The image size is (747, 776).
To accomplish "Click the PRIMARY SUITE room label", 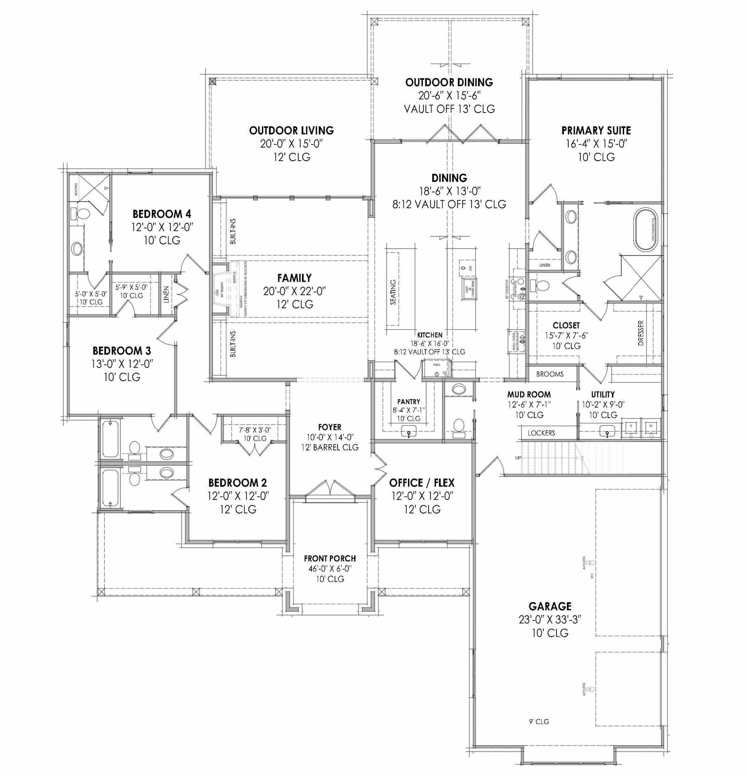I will [x=596, y=130].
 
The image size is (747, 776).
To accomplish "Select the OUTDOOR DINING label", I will [x=449, y=82].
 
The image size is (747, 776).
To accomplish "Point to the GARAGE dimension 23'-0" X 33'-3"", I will [x=550, y=619].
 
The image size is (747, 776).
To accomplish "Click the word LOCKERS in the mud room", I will [x=541, y=433].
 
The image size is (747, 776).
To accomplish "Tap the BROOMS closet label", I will [x=550, y=374].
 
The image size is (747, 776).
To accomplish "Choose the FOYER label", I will [x=330, y=427].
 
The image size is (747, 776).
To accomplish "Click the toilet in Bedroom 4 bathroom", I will [x=83, y=214].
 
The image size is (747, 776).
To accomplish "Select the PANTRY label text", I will [x=409, y=401].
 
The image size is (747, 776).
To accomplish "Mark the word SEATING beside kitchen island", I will [x=393, y=292].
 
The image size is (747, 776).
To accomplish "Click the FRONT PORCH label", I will [x=330, y=558].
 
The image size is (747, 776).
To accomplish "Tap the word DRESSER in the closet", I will [x=641, y=333].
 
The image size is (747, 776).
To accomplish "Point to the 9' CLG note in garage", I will [x=539, y=722].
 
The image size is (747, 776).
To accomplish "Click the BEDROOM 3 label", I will [x=121, y=350].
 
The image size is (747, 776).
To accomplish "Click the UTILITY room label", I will [x=603, y=394].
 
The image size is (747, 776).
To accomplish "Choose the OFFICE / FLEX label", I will [x=422, y=483].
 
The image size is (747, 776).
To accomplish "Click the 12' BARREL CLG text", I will [x=330, y=448].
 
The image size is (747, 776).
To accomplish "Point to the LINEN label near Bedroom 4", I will [x=166, y=294].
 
